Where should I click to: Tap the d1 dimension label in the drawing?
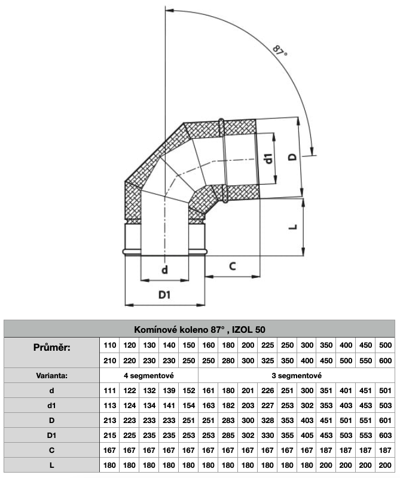tap(269, 159)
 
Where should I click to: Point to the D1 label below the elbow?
tap(165, 295)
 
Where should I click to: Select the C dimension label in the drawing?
tap(233, 266)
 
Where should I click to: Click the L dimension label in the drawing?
tap(292, 228)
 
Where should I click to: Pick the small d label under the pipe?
tap(164, 271)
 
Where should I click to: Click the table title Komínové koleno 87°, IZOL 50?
tap(200, 329)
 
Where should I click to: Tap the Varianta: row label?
tap(51, 376)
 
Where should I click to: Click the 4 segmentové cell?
tap(148, 376)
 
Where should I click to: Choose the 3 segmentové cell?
tap(297, 376)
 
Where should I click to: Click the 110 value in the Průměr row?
tap(110, 345)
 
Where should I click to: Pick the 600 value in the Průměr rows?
tap(385, 361)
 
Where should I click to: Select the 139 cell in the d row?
tap(169, 391)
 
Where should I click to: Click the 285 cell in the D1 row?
tap(228, 436)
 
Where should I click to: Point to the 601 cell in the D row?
tap(385, 421)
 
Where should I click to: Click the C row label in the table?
tap(51, 451)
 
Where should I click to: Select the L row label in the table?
tap(51, 465)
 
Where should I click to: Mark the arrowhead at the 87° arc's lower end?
tap(312, 151)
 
